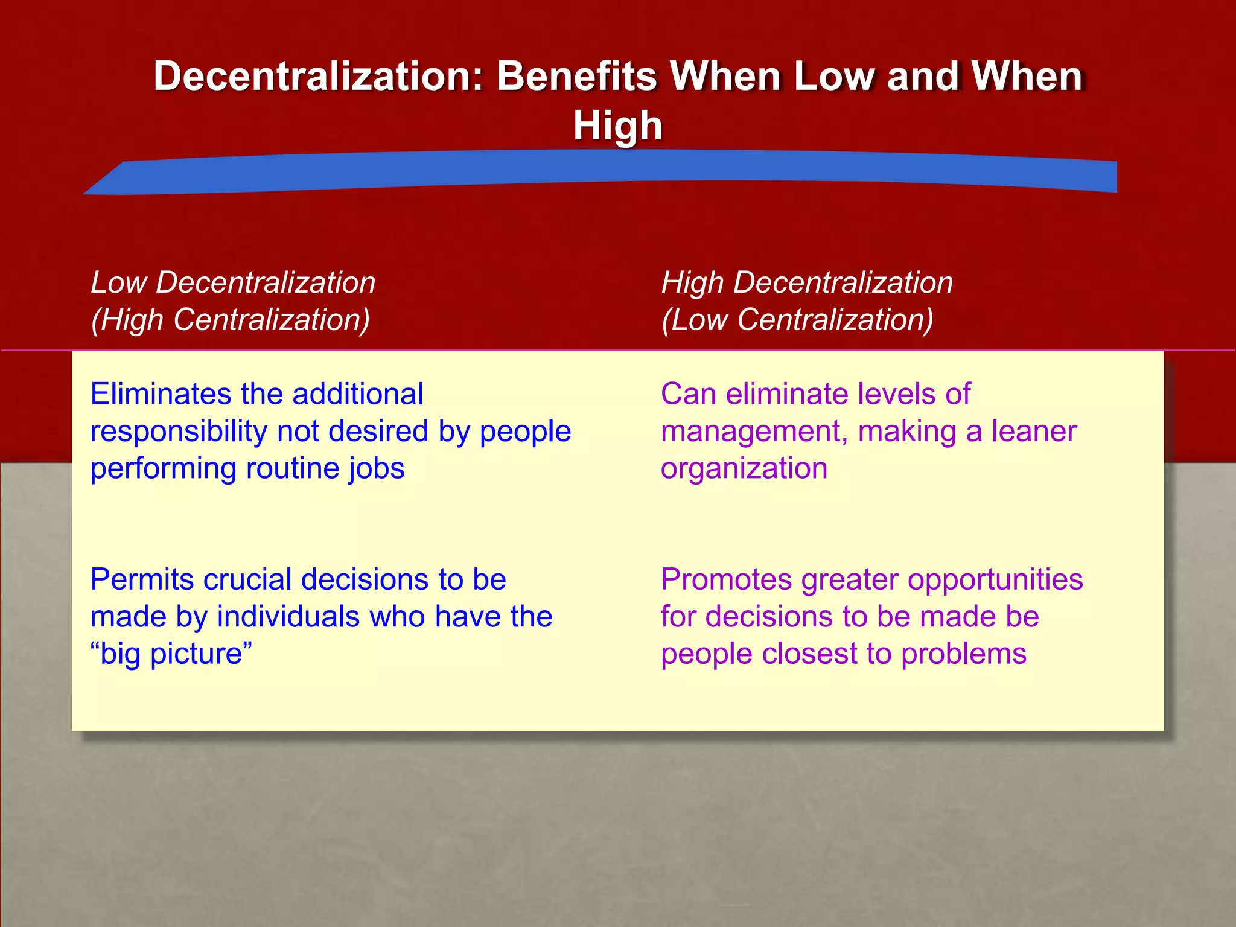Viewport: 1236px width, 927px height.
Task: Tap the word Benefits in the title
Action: pyautogui.click(x=576, y=77)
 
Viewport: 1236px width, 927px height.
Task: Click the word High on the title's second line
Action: pyautogui.click(x=617, y=126)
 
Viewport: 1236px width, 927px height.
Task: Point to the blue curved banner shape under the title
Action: pyautogui.click(x=604, y=172)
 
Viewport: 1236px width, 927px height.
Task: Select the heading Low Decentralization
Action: pyautogui.click(x=233, y=282)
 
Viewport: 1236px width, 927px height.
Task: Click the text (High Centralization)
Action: pyautogui.click(x=230, y=319)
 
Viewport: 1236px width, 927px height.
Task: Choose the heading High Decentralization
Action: pyautogui.click(x=807, y=282)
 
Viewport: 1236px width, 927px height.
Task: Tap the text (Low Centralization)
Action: pyautogui.click(x=797, y=319)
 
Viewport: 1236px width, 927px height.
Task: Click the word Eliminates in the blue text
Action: pyautogui.click(x=161, y=394)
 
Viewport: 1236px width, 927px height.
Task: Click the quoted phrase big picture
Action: pyautogui.click(x=171, y=654)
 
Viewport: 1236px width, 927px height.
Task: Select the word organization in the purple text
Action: pyautogui.click(x=744, y=469)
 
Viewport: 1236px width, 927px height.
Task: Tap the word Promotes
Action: pyautogui.click(x=726, y=579)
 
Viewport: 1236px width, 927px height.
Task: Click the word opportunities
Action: pyautogui.click(x=995, y=580)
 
